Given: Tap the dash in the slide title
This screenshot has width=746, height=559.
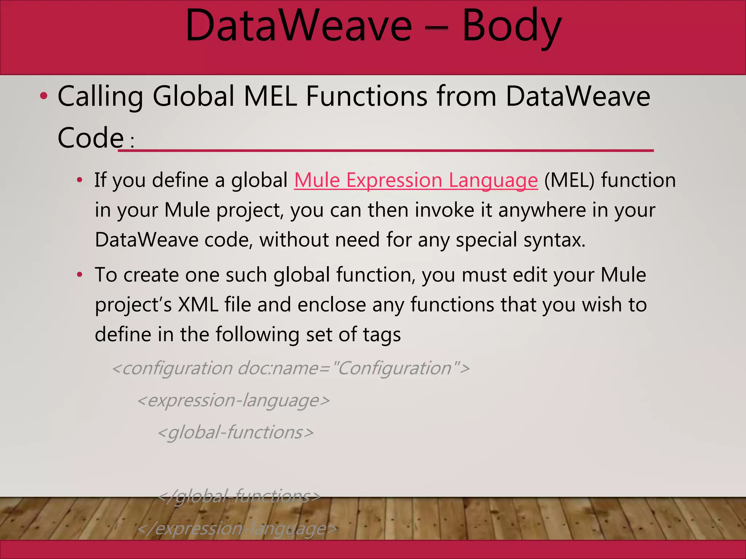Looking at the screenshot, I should coord(436,28).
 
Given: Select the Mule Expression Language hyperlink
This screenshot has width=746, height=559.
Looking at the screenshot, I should coord(416,181).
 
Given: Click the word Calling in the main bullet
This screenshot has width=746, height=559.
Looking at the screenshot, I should coord(100,97).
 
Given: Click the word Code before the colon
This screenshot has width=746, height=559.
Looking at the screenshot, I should coord(91,138).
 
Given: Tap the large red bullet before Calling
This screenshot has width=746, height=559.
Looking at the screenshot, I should coord(44,97).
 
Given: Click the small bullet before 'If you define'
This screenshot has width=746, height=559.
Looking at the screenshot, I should coord(80,181).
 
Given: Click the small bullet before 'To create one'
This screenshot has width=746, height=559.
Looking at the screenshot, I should coord(80,275).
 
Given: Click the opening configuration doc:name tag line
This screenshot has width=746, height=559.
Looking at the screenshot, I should coord(291,368).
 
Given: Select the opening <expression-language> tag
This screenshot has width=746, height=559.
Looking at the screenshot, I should coord(233,401).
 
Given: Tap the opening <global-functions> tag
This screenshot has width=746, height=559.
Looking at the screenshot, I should coord(235,433).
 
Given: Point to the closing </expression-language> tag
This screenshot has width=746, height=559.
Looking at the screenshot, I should coord(237,529).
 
